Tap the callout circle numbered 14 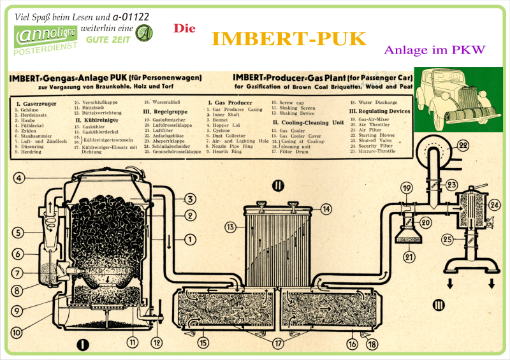coord(326,208)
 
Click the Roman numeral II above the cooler coord(278,186)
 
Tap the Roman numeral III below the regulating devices coord(438,305)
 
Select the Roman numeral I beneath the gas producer coord(82,345)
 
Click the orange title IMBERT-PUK coord(289,39)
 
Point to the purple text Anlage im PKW coord(435,50)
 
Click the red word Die coord(184,29)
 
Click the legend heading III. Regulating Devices coord(380,110)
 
